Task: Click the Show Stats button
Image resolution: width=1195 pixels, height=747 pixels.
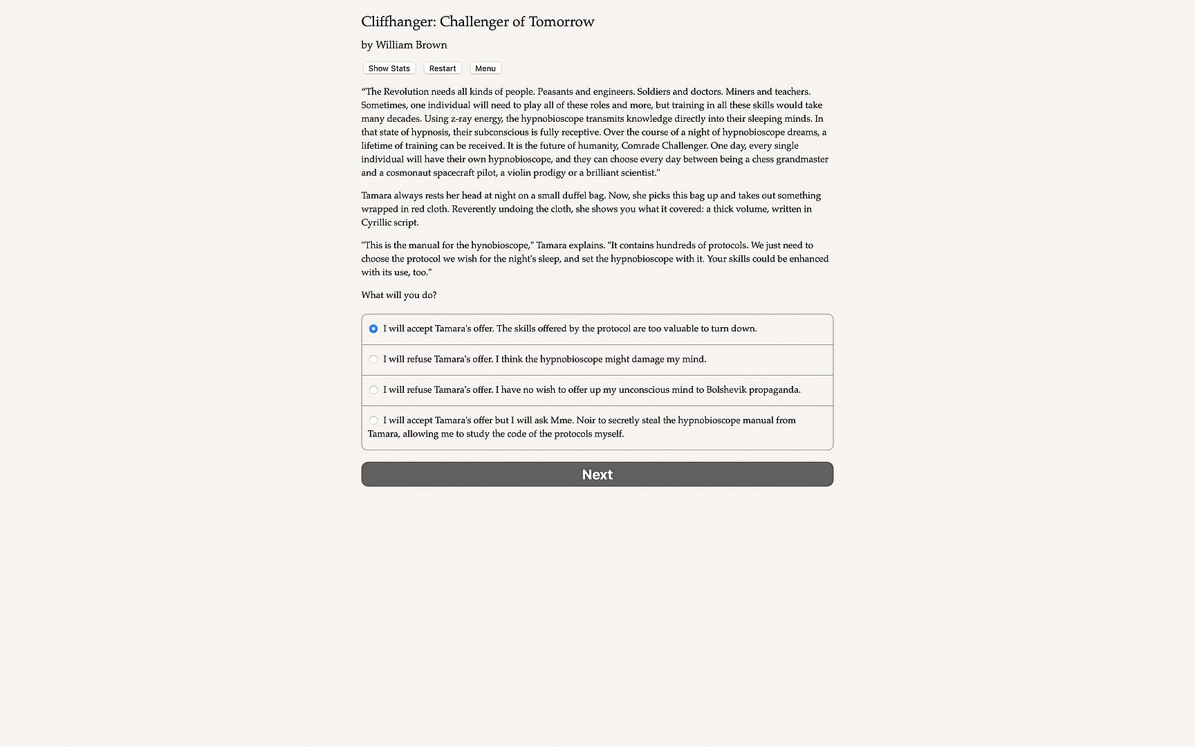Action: [x=389, y=68]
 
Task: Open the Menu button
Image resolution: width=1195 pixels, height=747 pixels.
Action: [x=485, y=68]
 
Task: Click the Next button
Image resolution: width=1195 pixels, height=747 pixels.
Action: [x=597, y=474]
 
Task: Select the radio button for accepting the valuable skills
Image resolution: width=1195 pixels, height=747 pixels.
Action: [x=373, y=329]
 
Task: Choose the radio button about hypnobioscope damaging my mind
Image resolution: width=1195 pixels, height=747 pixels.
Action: [x=373, y=359]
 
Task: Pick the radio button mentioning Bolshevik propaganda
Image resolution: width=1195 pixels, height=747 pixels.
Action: [x=373, y=389]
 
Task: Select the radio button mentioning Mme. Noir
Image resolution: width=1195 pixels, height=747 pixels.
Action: [x=373, y=420]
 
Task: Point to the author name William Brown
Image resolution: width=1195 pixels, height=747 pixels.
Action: [x=411, y=45]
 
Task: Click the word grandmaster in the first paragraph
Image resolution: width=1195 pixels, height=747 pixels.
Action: [x=802, y=159]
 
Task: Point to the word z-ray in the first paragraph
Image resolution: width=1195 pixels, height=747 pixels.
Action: [x=462, y=118]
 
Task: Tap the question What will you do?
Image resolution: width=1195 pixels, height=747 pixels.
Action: [x=398, y=295]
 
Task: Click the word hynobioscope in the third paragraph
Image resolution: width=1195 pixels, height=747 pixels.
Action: [x=501, y=246]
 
